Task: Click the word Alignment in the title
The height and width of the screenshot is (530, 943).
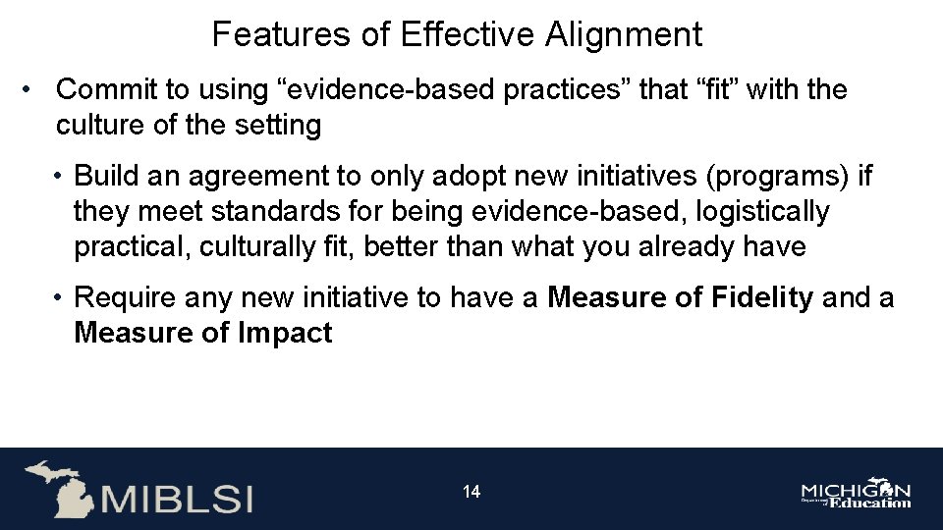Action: pos(624,35)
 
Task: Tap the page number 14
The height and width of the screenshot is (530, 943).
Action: pos(471,492)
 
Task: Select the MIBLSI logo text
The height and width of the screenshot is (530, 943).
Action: pos(176,498)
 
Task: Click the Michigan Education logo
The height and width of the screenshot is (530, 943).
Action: pos(856,495)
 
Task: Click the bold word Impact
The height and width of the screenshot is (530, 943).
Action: pos(285,333)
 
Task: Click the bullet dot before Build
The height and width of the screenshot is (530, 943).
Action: pos(61,177)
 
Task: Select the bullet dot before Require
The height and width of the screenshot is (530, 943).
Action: pos(61,298)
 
